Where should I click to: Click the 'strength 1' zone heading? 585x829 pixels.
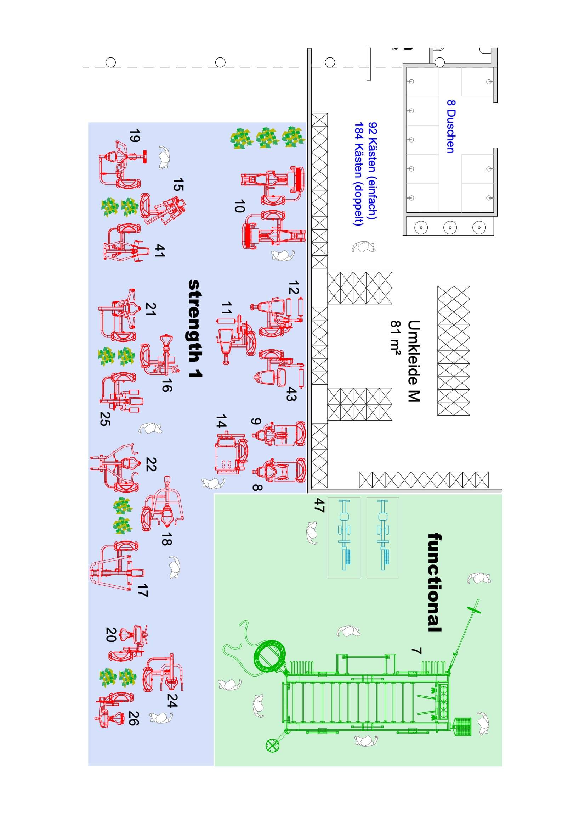click(x=195, y=328)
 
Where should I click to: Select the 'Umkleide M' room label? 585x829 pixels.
click(x=414, y=361)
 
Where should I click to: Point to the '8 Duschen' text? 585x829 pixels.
click(x=450, y=126)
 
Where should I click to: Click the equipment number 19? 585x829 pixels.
click(x=135, y=136)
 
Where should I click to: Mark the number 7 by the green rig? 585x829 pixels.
click(x=416, y=651)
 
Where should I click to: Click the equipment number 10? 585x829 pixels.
click(x=239, y=206)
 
